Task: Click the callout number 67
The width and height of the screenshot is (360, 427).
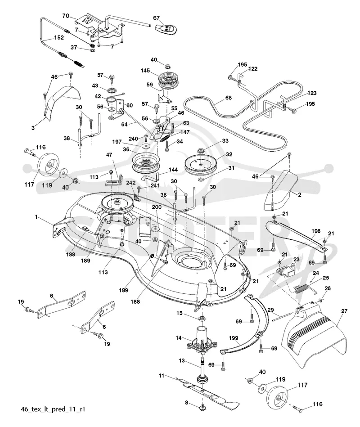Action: tap(156, 18)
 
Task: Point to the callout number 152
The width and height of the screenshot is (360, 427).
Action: tap(59, 38)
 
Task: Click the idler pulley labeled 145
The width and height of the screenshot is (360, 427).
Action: tap(168, 79)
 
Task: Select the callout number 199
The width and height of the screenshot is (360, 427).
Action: tap(234, 338)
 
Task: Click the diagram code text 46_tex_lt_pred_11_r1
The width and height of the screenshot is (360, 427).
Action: tap(53, 409)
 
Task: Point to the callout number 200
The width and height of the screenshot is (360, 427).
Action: tap(157, 207)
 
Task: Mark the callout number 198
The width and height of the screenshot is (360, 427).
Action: tap(316, 231)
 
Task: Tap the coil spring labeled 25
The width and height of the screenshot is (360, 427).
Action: tap(302, 288)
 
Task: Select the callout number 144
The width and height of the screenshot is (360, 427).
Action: tap(173, 170)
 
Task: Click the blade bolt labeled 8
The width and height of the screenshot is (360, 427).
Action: tap(202, 407)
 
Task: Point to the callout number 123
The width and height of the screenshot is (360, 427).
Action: tap(312, 93)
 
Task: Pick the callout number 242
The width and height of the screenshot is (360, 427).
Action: tap(130, 183)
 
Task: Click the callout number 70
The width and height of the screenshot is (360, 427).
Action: tap(66, 16)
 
